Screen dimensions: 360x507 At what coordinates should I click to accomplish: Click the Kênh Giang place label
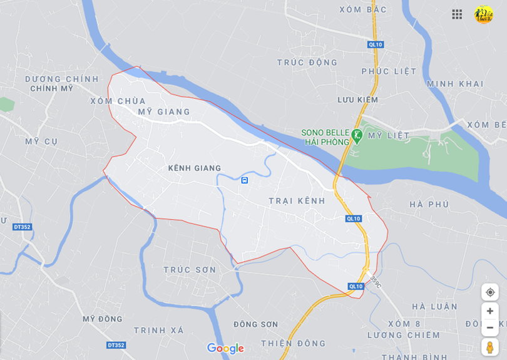point(195,168)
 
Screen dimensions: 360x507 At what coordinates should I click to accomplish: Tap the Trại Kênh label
point(297,200)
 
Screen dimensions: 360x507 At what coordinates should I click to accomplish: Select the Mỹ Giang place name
point(164,112)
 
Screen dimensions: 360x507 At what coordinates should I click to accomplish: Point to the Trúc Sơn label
point(190,270)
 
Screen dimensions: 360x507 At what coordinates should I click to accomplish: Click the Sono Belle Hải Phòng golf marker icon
point(357,135)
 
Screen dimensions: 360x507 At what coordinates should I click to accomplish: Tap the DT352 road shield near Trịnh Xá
point(116,345)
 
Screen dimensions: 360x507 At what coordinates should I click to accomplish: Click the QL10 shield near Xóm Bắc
point(375,44)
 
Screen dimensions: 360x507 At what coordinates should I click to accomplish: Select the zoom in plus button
point(490,311)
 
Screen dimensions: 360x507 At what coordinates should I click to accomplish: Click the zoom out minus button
point(490,327)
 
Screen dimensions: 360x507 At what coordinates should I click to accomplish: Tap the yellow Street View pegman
point(490,347)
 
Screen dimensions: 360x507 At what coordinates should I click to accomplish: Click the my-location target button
point(490,292)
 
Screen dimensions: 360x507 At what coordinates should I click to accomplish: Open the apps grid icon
point(457,14)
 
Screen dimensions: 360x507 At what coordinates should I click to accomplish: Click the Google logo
point(225,349)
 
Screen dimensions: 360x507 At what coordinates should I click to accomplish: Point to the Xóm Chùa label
point(118,101)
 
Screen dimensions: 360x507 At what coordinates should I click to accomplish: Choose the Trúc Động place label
point(307,63)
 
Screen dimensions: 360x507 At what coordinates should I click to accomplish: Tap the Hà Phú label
point(429,204)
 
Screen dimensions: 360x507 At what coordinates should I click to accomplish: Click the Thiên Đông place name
point(294,343)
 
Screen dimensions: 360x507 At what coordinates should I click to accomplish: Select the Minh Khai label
point(455,84)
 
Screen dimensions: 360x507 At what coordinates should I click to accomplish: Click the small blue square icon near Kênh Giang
point(245,180)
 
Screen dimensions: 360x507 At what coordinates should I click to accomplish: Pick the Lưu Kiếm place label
point(358,100)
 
